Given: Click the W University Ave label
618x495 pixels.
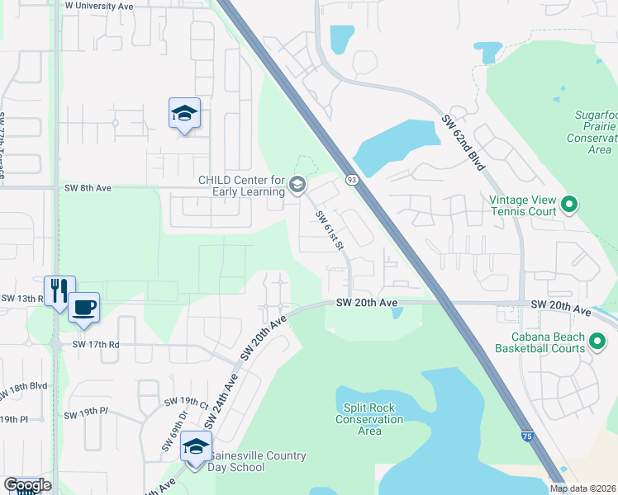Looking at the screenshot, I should tap(99, 6).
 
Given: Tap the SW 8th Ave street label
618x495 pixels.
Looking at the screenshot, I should tap(88, 188).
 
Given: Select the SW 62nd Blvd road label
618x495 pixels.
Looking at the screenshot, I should tap(463, 132).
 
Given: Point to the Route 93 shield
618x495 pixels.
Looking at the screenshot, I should tap(352, 179).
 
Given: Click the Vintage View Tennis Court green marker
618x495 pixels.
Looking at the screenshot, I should tap(568, 203).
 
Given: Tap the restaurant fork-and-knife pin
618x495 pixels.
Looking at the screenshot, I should tap(59, 290).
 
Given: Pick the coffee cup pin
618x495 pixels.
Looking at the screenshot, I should tap(83, 308).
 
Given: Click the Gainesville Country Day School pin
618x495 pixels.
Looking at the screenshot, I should tap(196, 447).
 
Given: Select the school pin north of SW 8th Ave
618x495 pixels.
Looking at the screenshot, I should tap(184, 114).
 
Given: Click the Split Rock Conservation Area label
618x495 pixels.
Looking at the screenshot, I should tap(369, 419).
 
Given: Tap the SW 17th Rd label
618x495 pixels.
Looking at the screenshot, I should tap(96, 344).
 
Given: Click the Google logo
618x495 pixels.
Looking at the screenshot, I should tap(26, 485).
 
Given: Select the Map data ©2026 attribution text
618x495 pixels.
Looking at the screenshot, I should tap(582, 488).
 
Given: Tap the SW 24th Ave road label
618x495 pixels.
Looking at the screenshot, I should tap(222, 398).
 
